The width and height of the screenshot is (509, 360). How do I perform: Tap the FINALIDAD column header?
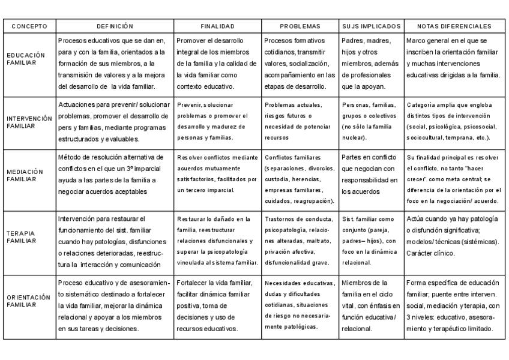pyautogui.click(x=217, y=26)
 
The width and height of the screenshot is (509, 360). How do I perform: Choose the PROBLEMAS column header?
pyautogui.click(x=300, y=26)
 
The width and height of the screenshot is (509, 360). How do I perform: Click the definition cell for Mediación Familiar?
pyautogui.click(x=115, y=174)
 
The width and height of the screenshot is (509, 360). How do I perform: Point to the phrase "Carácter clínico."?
pyautogui.click(x=433, y=253)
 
